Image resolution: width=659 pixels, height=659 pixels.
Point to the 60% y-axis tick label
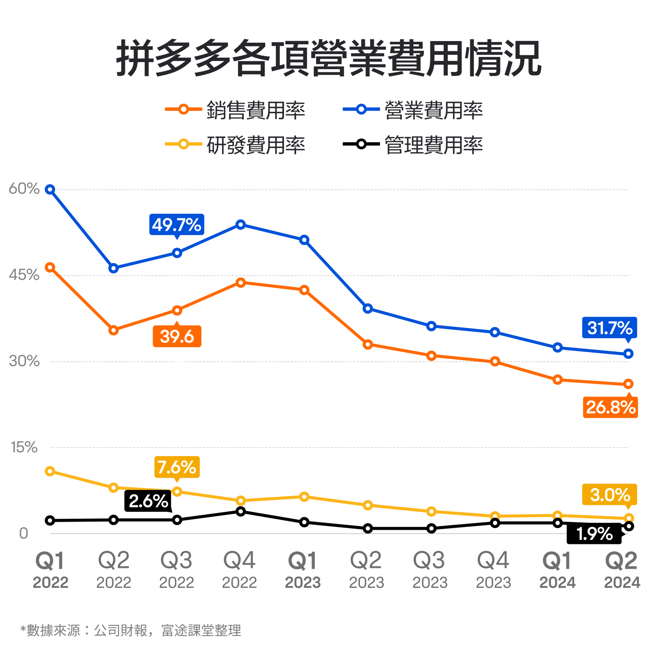point(24,189)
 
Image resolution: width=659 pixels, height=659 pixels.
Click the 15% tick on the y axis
point(24,447)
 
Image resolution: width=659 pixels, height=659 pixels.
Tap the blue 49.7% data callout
point(177,224)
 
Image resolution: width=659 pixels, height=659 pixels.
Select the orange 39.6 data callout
point(177,337)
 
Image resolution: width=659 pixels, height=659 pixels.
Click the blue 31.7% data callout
point(609,328)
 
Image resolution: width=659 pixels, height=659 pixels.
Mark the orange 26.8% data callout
point(610,407)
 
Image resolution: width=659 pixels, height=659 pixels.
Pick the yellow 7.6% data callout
point(177,467)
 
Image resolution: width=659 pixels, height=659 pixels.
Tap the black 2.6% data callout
point(148,501)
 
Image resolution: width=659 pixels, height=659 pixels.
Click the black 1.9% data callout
point(594,534)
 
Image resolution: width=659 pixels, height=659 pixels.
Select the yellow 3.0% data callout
point(609,495)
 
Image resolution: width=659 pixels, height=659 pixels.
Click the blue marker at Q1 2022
point(50,189)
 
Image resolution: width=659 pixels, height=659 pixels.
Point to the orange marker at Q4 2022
point(241,283)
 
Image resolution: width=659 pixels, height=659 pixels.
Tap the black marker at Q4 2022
point(241,511)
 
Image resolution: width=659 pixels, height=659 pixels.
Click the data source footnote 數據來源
point(131,630)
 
